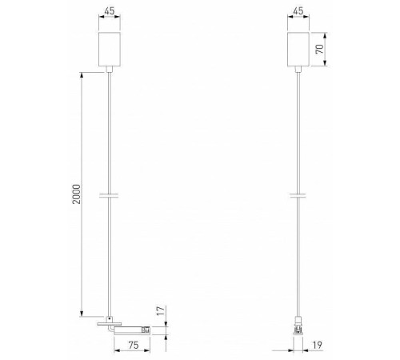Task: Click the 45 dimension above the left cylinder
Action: [x=108, y=12]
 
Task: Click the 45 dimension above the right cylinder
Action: [x=298, y=12]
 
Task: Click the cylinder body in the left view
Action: [x=108, y=49]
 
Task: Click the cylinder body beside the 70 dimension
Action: [x=298, y=49]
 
